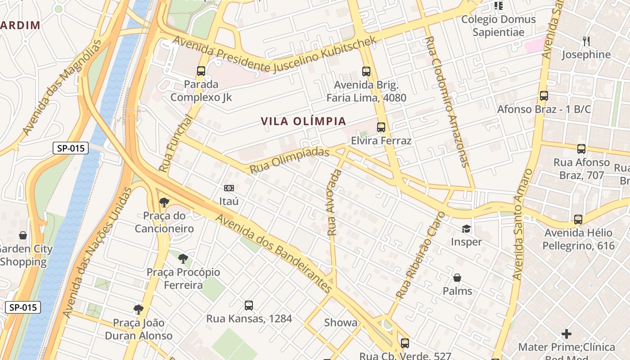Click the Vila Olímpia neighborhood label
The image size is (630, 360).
pyautogui.click(x=304, y=121)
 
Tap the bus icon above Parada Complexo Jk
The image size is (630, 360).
pyautogui.click(x=201, y=71)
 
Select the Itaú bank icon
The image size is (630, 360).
pyautogui.click(x=229, y=188)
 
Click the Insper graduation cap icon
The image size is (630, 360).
pyautogui.click(x=467, y=229)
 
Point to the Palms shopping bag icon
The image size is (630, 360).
pyautogui.click(x=457, y=278)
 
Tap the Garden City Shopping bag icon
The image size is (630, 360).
pyautogui.click(x=22, y=235)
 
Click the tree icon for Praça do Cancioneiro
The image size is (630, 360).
pyautogui.click(x=164, y=202)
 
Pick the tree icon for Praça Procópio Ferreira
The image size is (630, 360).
pyautogui.click(x=183, y=259)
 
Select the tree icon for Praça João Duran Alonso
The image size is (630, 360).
pyautogui.click(x=139, y=309)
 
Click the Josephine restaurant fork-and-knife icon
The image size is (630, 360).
pyautogui.click(x=586, y=41)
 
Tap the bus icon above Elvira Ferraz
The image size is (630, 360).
pyautogui.click(x=381, y=127)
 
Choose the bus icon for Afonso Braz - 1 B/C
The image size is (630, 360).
pyautogui.click(x=544, y=96)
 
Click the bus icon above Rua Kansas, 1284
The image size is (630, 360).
pyautogui.click(x=249, y=306)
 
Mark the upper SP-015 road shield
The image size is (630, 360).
pyautogui.click(x=71, y=148)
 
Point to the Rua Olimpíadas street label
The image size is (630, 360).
pyautogui.click(x=289, y=161)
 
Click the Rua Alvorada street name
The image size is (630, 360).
pyautogui.click(x=333, y=202)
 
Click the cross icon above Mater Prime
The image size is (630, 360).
pyautogui.click(x=567, y=334)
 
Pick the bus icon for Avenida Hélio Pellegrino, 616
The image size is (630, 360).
pyautogui.click(x=578, y=220)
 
